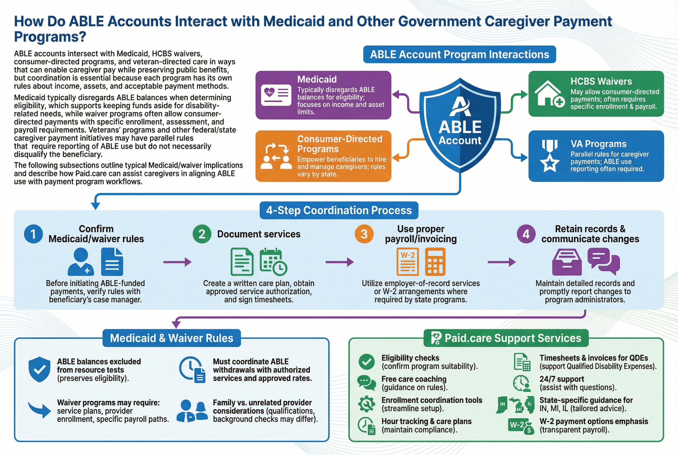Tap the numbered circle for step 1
click(33, 234)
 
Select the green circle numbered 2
click(202, 234)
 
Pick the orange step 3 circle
click(364, 234)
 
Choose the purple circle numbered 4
click(526, 234)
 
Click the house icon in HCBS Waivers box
click(549, 94)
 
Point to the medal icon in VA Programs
click(549, 156)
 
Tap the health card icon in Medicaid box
click(276, 95)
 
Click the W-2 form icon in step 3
click(407, 262)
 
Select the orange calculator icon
click(435, 262)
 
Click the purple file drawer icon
click(567, 262)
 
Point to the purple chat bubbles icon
click(603, 261)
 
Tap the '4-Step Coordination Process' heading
click(339, 210)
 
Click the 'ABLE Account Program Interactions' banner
click(459, 54)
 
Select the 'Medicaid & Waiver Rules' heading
click(171, 338)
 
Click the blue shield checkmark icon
click(40, 369)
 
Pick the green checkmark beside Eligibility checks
click(367, 362)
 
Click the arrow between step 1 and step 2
click(177, 262)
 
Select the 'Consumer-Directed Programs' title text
click(340, 144)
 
